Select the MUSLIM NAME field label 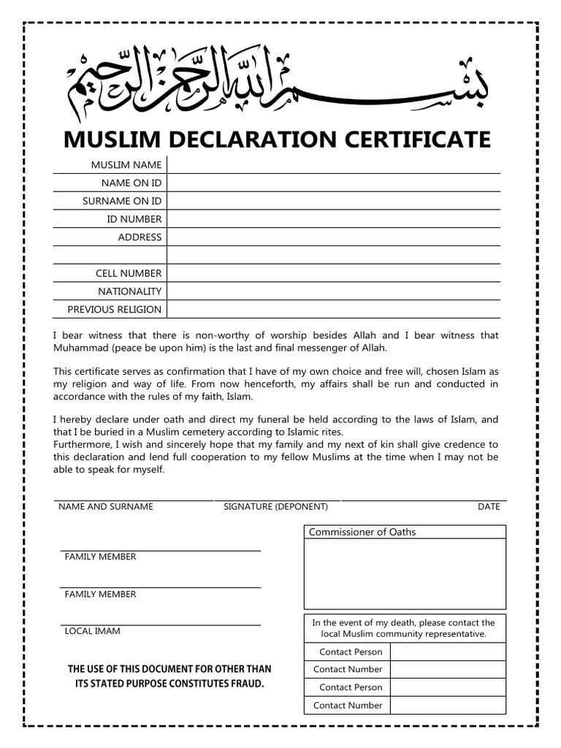point(126,165)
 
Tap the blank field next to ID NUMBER point(333,219)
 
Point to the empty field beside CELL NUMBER point(333,273)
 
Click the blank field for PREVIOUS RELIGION point(333,310)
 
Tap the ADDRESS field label point(140,237)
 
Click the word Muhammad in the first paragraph point(82,347)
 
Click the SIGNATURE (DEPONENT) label point(275,506)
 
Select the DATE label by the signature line point(489,506)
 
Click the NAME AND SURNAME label point(106,506)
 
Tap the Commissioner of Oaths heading point(362,532)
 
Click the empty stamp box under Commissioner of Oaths point(405,573)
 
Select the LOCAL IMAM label point(93,630)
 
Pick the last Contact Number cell point(348,706)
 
